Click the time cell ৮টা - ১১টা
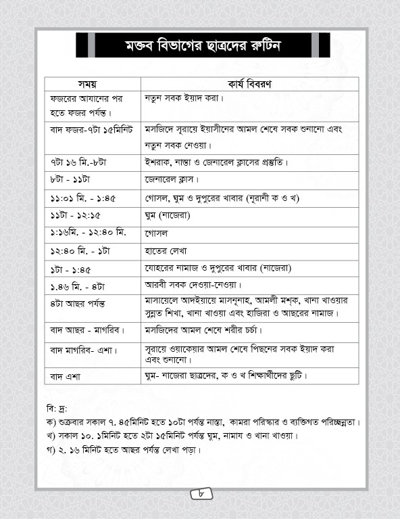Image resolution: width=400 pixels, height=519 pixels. point(70,180)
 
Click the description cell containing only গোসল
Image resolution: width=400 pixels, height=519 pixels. point(156,233)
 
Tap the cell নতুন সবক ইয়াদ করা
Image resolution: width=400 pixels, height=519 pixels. point(184,99)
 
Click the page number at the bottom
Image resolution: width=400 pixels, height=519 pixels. point(201,495)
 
